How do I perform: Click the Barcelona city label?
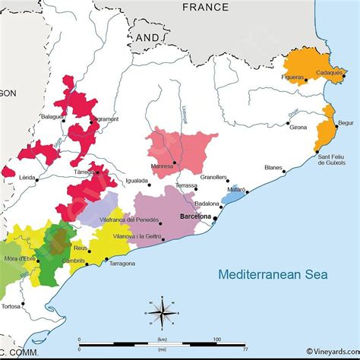coord(194,216)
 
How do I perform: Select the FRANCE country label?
coord(205,7)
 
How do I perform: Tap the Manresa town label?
coord(159,165)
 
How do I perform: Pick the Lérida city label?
coord(27,177)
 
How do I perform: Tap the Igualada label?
coord(137,182)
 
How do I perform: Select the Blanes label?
coord(273,168)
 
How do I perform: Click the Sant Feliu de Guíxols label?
coord(332,159)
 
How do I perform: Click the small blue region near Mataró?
coord(235,195)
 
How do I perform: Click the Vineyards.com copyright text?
coord(332,351)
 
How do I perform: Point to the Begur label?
coord(346,122)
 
